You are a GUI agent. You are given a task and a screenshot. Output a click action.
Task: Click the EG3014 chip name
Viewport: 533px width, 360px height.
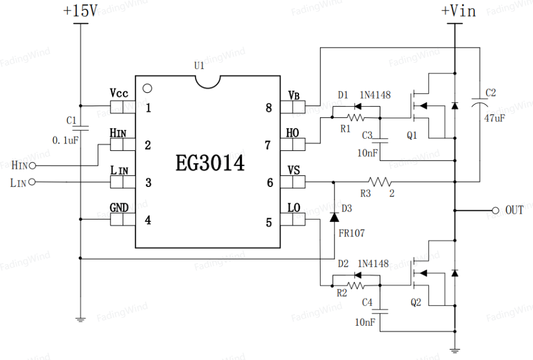[x=210, y=163]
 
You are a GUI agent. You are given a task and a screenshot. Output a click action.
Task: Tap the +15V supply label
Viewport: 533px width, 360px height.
[x=80, y=10]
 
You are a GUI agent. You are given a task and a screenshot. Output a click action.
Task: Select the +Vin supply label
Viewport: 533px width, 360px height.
[x=458, y=10]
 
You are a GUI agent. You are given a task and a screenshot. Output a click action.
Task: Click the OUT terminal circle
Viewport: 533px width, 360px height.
[x=495, y=211]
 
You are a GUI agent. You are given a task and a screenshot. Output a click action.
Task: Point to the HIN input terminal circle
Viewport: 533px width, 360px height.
[x=33, y=165]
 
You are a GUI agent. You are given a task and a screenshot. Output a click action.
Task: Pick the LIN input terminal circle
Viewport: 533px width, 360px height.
[x=32, y=182]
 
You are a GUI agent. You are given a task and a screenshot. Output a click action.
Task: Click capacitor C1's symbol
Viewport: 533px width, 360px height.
[x=81, y=128]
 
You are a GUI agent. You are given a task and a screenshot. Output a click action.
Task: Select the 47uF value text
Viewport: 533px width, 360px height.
[x=495, y=118]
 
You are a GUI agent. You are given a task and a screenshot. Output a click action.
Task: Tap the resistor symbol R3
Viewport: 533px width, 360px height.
[x=380, y=182]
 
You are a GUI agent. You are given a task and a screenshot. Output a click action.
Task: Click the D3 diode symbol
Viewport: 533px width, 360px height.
[x=334, y=217]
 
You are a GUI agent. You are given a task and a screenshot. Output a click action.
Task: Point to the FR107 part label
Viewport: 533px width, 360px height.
[x=351, y=233]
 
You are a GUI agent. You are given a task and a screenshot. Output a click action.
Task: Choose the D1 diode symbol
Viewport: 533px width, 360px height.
[x=358, y=106]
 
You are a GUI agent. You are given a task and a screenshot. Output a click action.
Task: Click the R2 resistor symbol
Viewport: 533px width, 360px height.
[x=355, y=286]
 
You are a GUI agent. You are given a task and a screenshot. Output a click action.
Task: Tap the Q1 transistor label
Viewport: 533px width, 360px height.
[x=412, y=135]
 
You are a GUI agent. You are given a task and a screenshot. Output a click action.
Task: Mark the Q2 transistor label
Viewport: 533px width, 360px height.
[x=416, y=302]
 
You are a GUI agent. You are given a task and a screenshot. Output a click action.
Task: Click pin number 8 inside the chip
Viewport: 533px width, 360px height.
[x=269, y=108]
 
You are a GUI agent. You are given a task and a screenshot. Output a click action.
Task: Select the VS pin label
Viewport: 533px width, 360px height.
[x=294, y=170]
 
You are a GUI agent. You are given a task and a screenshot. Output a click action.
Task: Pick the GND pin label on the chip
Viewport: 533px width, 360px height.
[x=119, y=208]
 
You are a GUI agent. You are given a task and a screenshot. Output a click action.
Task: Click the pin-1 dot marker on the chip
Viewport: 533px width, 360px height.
[x=147, y=88]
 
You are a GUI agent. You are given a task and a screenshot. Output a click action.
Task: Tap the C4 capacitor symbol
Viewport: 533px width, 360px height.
[x=380, y=311]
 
